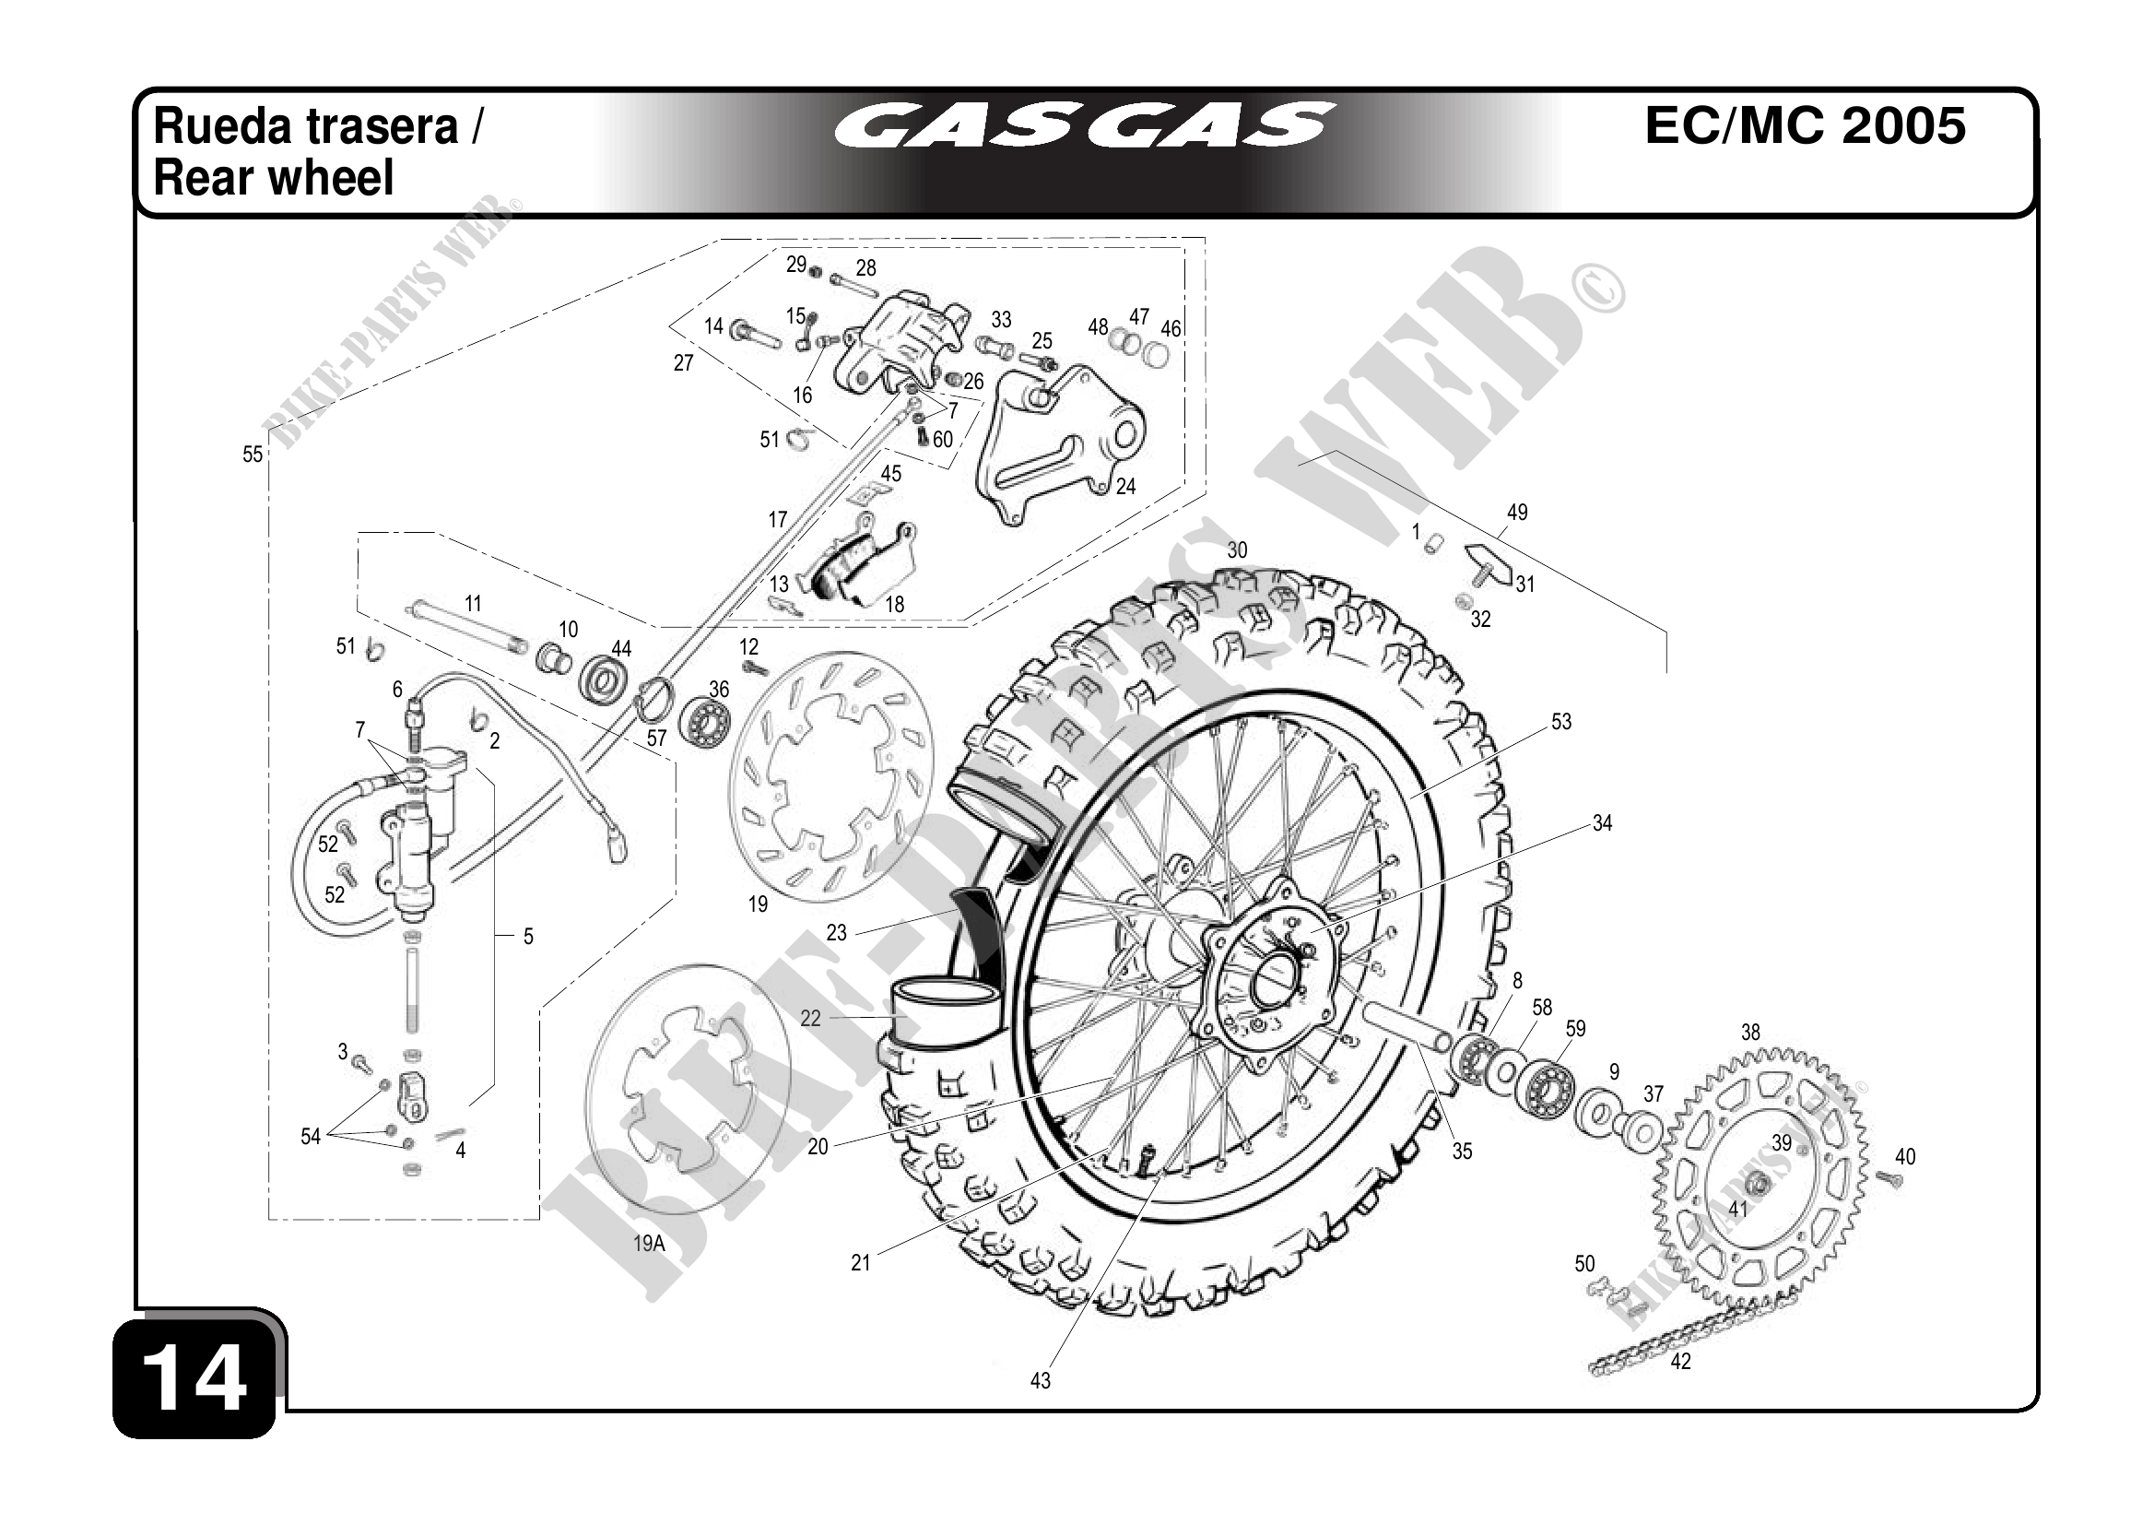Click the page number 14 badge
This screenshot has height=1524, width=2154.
(195, 1377)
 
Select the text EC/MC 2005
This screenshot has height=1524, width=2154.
(1804, 126)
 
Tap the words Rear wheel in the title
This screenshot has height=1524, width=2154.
(273, 178)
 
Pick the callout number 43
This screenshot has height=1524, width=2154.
(1040, 1380)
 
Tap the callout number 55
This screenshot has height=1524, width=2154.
(253, 455)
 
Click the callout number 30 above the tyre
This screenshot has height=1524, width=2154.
(1238, 550)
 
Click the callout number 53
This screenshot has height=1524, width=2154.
(1561, 722)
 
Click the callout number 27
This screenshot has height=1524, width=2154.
(683, 362)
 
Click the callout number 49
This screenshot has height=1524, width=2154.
(1517, 513)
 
